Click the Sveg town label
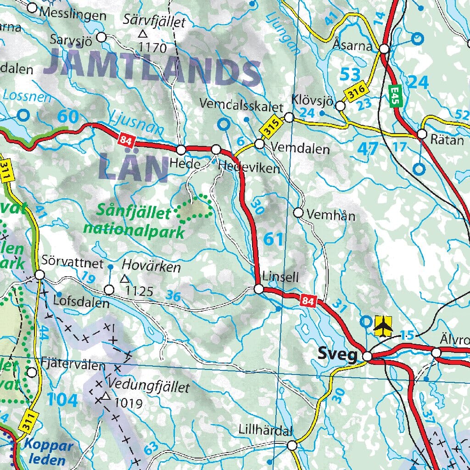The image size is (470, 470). tap(337, 355)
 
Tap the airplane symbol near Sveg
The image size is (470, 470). tap(383, 325)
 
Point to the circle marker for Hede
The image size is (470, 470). tap(181, 150)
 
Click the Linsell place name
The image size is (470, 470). tap(281, 277)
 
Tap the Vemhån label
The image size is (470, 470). tap(330, 214)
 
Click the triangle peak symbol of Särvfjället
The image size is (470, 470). tap(143, 34)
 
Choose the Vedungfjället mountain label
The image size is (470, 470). tap(149, 387)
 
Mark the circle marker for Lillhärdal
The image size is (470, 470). tap(292, 445)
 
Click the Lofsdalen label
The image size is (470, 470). tap(81, 303)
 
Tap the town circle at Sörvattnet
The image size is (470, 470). tap(39, 274)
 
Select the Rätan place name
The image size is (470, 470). tap(448, 140)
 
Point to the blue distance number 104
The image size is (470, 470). tap(62, 400)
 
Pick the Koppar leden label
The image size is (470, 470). tap(48, 452)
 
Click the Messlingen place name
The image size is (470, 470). tap(73, 15)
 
